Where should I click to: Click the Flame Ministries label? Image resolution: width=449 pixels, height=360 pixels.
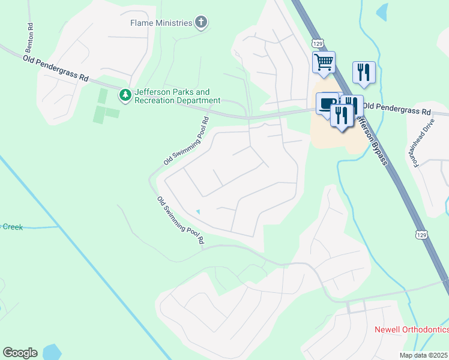(161, 23)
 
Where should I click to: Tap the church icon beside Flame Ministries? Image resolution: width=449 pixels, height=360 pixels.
(201, 23)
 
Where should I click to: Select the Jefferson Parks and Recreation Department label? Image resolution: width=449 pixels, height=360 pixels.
(177, 96)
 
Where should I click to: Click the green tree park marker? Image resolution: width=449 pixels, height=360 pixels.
(125, 94)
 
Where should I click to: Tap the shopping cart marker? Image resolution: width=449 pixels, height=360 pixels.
(324, 62)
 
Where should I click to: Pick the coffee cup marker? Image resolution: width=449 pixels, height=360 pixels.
(326, 103)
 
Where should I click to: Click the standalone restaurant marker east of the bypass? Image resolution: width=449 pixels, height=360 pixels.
(364, 72)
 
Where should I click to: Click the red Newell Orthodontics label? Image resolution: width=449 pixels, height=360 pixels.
(411, 329)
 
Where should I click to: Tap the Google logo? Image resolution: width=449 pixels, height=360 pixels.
(20, 353)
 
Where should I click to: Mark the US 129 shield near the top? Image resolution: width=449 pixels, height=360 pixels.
(318, 44)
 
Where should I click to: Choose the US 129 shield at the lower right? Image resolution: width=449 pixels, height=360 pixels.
(423, 232)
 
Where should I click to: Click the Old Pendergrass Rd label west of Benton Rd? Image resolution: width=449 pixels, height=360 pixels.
(56, 68)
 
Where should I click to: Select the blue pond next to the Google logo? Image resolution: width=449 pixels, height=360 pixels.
(51, 352)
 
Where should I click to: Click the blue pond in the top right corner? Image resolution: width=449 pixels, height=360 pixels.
(382, 11)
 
